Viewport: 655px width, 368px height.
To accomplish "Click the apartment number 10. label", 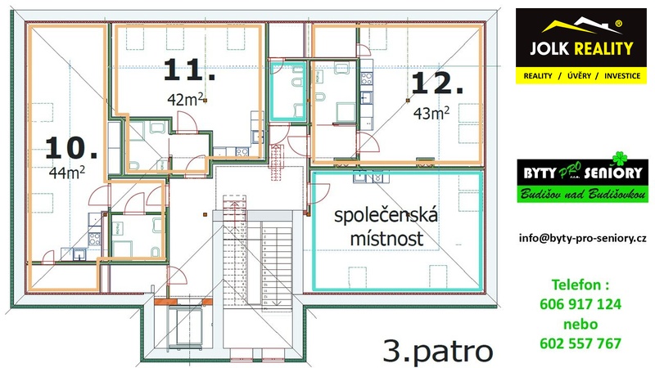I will [71, 147].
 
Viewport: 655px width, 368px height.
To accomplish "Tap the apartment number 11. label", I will [189, 70].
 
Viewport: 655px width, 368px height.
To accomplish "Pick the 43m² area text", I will [430, 114].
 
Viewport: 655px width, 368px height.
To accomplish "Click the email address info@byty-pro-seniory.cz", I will [583, 238].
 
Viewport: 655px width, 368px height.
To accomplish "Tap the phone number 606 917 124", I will [580, 304].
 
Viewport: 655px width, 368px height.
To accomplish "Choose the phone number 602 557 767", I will [580, 343].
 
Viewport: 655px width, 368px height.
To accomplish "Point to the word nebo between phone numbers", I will [580, 324].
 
